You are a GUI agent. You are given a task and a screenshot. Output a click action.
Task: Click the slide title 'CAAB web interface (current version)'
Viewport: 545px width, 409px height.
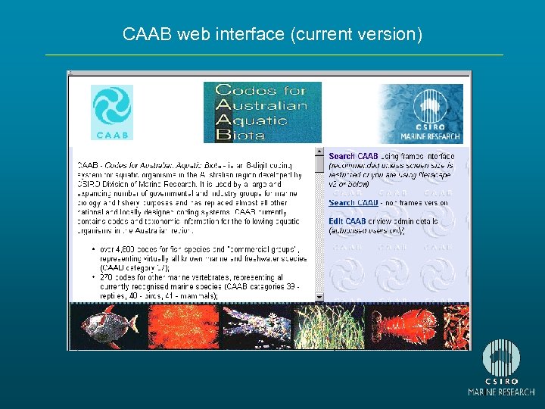click(x=272, y=35)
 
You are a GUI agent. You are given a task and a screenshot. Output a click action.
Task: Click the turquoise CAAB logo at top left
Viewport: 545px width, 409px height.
click(x=111, y=112)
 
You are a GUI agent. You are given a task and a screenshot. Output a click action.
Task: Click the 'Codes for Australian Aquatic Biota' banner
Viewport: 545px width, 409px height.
click(x=262, y=112)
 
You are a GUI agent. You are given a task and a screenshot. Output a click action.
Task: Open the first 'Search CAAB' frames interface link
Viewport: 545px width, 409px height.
click(x=353, y=156)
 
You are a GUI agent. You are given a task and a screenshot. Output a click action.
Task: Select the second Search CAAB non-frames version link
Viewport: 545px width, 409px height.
click(x=353, y=203)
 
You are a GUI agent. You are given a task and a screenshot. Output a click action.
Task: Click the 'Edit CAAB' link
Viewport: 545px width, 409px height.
click(x=347, y=221)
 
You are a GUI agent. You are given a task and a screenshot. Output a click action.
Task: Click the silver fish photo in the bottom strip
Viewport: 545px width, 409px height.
click(x=106, y=326)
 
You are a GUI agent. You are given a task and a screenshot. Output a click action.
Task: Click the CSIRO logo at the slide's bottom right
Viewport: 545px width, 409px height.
click(x=501, y=367)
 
